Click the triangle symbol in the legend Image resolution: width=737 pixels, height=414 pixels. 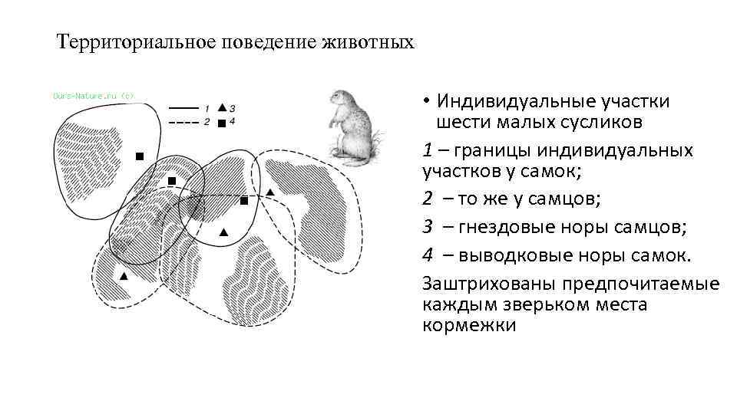(x=222, y=107)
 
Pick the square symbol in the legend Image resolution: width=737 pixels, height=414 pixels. (x=222, y=122)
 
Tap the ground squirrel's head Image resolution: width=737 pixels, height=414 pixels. (x=341, y=100)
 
